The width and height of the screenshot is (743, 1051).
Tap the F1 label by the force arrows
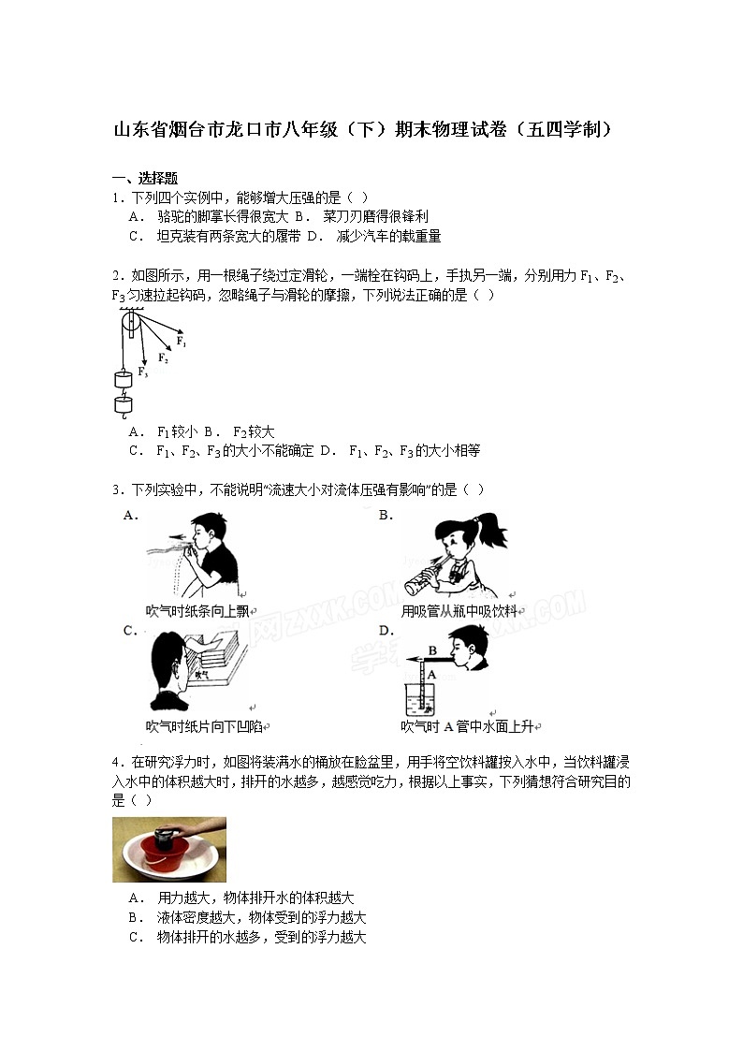[182, 343]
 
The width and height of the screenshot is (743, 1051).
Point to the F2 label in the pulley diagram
[163, 358]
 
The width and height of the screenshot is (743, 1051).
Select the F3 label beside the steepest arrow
[143, 372]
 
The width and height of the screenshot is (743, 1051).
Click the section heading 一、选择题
[145, 178]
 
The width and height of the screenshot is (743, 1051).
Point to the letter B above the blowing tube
[432, 650]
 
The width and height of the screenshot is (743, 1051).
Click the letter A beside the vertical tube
[432, 672]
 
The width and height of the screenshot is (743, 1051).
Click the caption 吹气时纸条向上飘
[197, 611]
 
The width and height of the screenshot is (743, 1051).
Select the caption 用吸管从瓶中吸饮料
[459, 611]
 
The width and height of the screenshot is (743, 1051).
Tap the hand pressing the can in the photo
[197, 830]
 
